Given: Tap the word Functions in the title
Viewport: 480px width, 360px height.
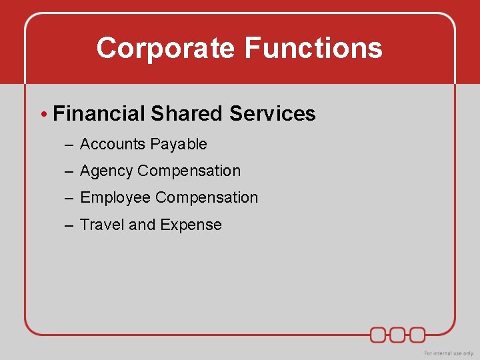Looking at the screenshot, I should point(313,49).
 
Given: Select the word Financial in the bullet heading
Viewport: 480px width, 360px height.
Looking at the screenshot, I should point(99,113).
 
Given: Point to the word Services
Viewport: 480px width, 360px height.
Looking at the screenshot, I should point(272,113).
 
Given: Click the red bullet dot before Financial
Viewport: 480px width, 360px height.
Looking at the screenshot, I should point(43,114).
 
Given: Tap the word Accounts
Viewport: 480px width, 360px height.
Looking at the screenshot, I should point(113,144).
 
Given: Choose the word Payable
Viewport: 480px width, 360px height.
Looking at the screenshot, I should point(179,145).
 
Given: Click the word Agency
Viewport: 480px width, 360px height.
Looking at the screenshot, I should point(107,171).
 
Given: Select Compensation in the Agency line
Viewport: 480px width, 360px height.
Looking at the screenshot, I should point(189,171).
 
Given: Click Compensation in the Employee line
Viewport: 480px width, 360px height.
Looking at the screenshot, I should point(207,197).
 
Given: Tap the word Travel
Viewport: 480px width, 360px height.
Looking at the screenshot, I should point(102,225).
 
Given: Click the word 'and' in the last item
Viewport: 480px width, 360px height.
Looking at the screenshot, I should point(141,225).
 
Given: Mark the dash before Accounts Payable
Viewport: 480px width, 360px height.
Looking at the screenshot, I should point(69,145).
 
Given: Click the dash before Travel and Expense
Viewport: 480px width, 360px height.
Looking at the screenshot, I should point(69,225).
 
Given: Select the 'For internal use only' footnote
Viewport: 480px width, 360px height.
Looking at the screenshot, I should point(449,353).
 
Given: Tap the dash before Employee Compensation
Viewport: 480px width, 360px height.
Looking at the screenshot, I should point(69,198).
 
